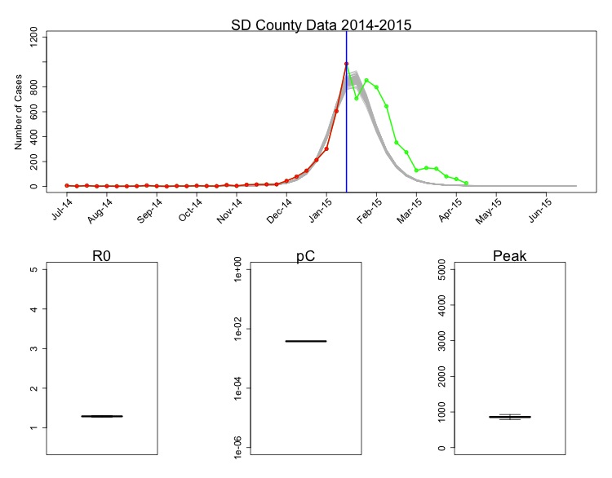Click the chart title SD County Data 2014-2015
point(321,24)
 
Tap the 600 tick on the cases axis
point(33,111)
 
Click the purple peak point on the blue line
point(346,64)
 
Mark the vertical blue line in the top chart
point(347,131)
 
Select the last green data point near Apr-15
point(466,184)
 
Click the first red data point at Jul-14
point(67,186)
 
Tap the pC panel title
point(305,256)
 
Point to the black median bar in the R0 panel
point(102,416)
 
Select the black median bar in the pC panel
point(305,341)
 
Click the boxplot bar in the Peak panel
point(509,417)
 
